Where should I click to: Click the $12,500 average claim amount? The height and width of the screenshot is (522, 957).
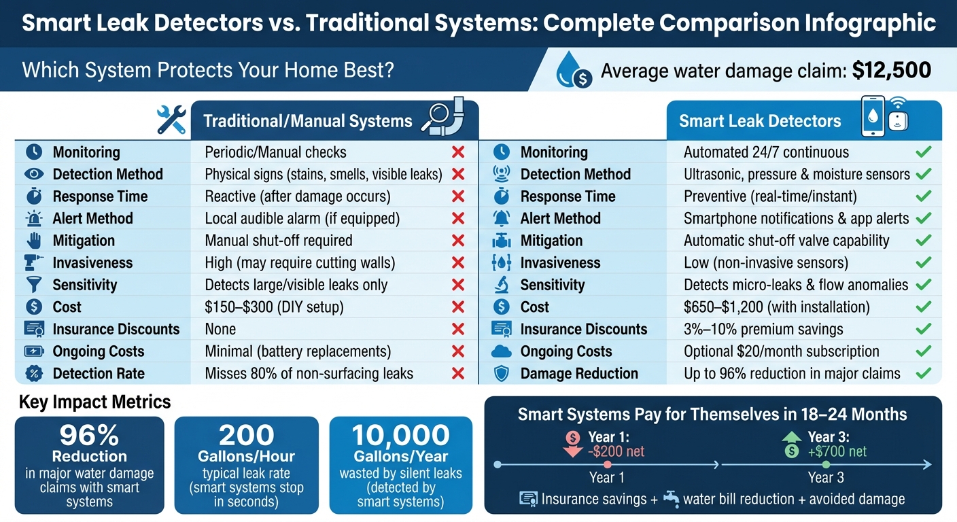tap(891, 71)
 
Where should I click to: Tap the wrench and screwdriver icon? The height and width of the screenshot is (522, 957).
tap(171, 120)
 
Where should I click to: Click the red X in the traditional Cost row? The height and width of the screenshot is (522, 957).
tap(458, 307)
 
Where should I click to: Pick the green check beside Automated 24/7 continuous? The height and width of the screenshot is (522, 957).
tap(923, 152)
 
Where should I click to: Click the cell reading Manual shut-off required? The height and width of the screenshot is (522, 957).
tap(279, 241)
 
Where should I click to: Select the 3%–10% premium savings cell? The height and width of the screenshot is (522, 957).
tap(763, 330)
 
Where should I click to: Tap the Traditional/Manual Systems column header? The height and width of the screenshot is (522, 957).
tap(308, 121)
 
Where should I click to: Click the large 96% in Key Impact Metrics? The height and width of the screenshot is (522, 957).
tap(89, 434)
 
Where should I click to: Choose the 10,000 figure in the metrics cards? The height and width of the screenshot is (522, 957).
tap(400, 435)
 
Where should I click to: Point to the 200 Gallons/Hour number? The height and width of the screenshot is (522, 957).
tap(246, 435)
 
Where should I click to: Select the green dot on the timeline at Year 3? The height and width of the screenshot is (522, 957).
tap(826, 465)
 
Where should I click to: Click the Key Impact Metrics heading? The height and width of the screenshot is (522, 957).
tap(94, 402)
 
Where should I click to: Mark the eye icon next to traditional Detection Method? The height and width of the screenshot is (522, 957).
tap(34, 174)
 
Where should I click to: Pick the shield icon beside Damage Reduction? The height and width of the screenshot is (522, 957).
tap(500, 374)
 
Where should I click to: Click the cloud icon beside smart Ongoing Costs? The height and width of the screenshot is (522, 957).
tap(500, 351)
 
